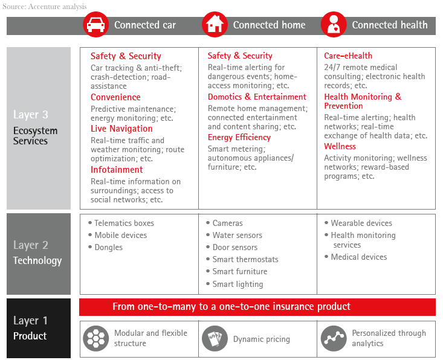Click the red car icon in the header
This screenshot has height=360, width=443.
pos(95,25)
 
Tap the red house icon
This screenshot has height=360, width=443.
pos(214,25)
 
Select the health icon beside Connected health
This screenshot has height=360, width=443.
pos(333,25)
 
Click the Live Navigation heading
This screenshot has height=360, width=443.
pos(121,129)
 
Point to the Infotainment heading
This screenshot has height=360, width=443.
pos(117,170)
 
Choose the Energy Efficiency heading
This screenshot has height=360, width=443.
pos(239,137)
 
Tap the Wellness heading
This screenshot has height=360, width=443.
pos(340,146)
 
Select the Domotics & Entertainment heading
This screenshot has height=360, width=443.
pos(257,97)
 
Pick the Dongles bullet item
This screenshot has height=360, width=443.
pos(108,247)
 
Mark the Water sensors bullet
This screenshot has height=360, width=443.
pos(237,235)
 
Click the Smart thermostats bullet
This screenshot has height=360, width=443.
pos(245,259)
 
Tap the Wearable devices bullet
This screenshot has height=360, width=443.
pos(361,223)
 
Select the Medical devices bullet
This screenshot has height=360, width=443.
pos(359,257)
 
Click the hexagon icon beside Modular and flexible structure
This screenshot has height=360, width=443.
pos(95,338)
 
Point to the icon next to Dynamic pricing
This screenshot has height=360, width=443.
pos(214,339)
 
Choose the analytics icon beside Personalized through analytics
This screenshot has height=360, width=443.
pos(333,338)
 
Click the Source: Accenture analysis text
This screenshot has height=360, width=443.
pos(44,7)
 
